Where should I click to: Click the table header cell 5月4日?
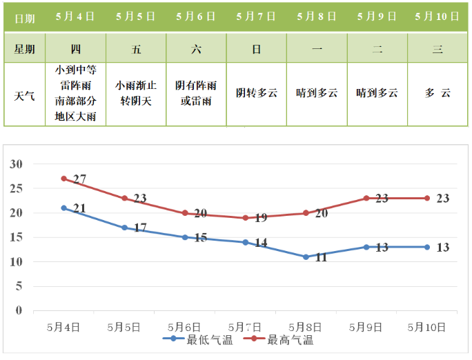click(76, 17)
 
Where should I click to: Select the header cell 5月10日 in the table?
click(437, 17)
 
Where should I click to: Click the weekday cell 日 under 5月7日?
click(256, 48)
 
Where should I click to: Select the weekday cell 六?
click(196, 48)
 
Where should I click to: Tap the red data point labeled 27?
click(63, 179)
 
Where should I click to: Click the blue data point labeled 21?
click(63, 208)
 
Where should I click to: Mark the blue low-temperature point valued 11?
click(306, 257)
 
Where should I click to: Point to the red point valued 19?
click(245, 218)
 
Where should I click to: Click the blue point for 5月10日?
click(427, 247)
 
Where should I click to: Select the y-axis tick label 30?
click(16, 164)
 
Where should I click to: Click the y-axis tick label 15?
click(16, 237)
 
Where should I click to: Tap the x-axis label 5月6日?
click(185, 326)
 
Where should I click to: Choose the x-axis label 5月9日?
click(366, 326)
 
